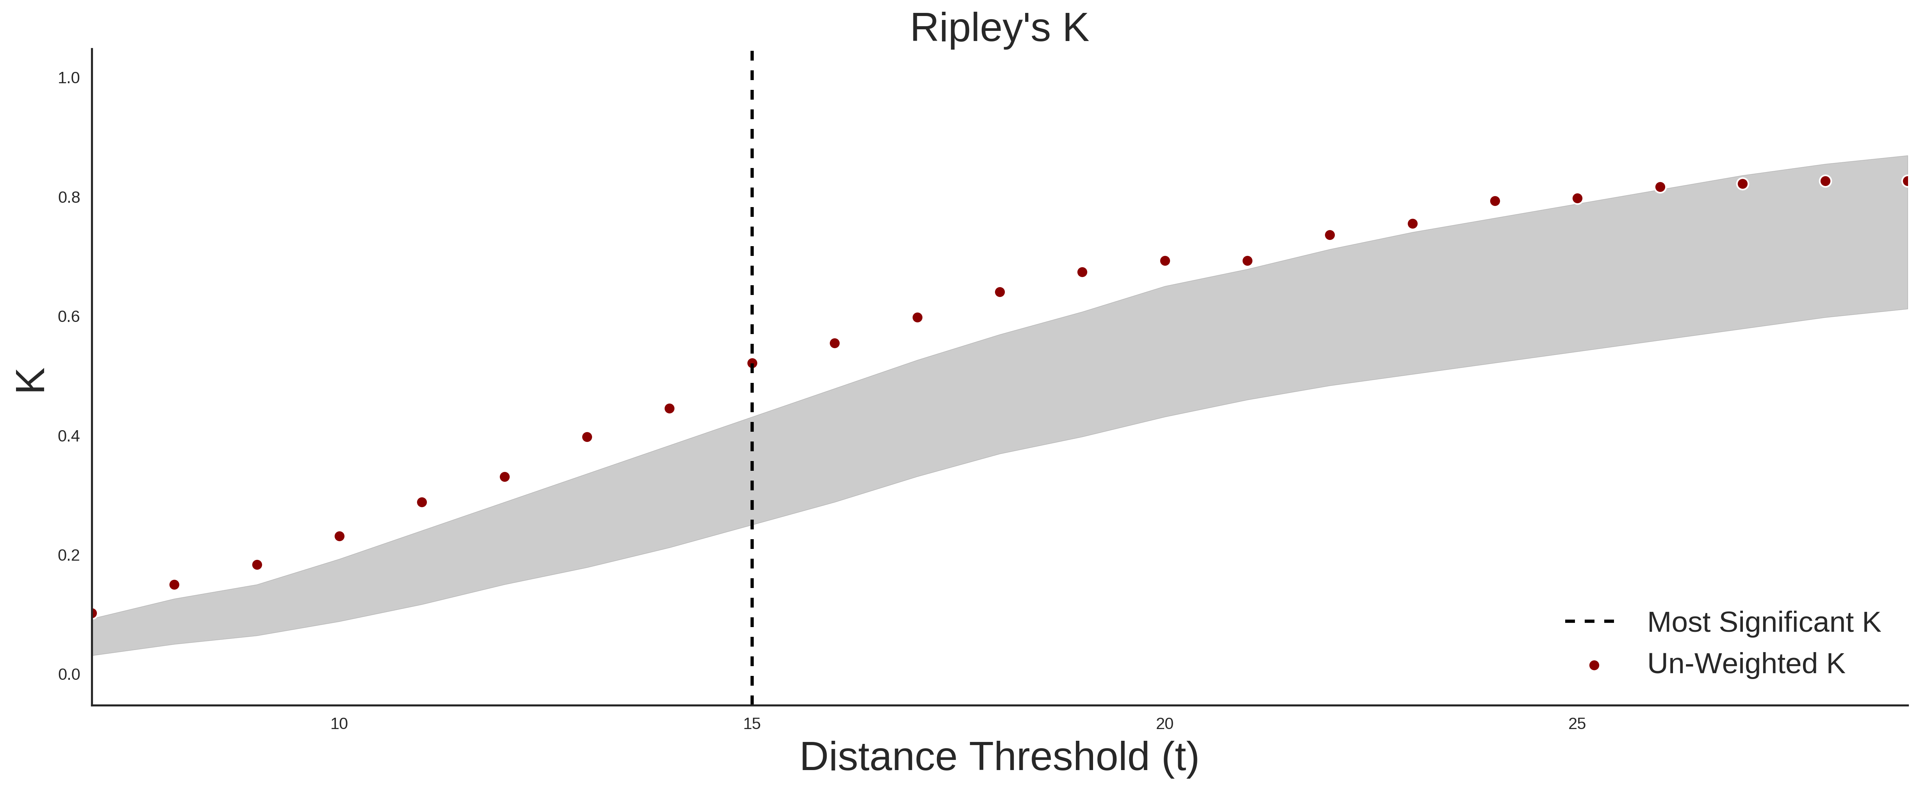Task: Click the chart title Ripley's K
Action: (999, 28)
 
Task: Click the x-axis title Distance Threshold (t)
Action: (999, 757)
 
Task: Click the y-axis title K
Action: (30, 380)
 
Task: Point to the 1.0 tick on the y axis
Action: (69, 77)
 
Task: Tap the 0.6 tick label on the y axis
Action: (69, 317)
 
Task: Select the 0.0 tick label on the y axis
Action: (69, 674)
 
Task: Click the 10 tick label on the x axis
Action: (339, 724)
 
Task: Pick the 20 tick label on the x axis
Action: (1165, 724)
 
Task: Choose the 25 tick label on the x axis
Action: (1577, 724)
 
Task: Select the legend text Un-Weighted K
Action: (1746, 663)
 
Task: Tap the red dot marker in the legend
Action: (1593, 665)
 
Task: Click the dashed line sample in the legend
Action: (1590, 621)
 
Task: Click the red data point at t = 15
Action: (752, 364)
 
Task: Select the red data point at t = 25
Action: (1577, 198)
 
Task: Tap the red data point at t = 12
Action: (504, 477)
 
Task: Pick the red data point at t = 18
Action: (1000, 292)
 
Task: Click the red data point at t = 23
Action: (1412, 223)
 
